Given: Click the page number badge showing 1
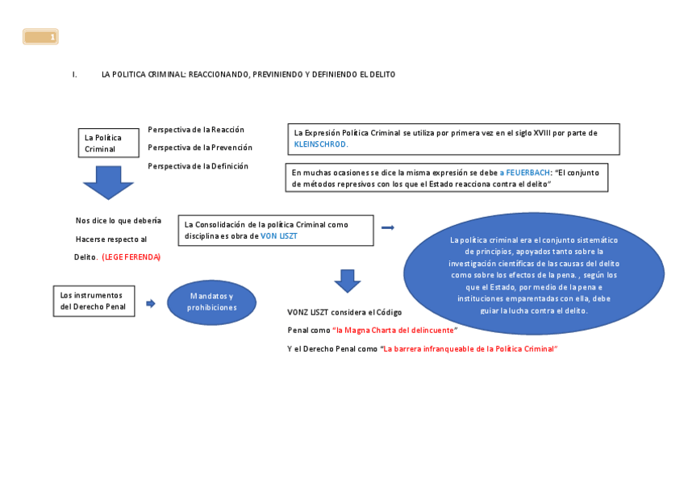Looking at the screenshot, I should pyautogui.click(x=40, y=36).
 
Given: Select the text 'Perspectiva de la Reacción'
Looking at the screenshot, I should pyautogui.click(x=196, y=130).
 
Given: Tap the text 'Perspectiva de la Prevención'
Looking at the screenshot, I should pyautogui.click(x=200, y=148).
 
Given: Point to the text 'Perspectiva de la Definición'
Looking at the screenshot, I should pyautogui.click(x=198, y=166).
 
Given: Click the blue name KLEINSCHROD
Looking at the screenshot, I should pyautogui.click(x=321, y=144).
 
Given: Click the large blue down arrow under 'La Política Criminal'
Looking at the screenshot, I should pyautogui.click(x=108, y=182).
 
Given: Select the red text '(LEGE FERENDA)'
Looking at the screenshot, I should pyautogui.click(x=131, y=257).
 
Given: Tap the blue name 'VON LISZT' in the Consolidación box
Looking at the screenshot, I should pyautogui.click(x=279, y=236).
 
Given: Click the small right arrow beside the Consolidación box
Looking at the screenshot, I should pyautogui.click(x=388, y=228).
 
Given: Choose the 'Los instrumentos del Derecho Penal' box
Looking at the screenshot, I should pyautogui.click(x=94, y=301).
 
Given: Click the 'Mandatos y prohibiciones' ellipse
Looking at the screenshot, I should pyautogui.click(x=211, y=302).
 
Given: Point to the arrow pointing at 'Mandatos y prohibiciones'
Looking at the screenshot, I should pyautogui.click(x=151, y=303).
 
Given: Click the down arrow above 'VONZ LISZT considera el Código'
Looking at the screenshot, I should pyautogui.click(x=348, y=281).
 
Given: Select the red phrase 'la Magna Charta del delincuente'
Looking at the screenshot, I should pyautogui.click(x=395, y=331).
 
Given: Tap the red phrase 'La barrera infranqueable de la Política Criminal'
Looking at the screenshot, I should pyautogui.click(x=470, y=349).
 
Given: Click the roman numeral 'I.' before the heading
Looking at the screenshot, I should pyautogui.click(x=75, y=74).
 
